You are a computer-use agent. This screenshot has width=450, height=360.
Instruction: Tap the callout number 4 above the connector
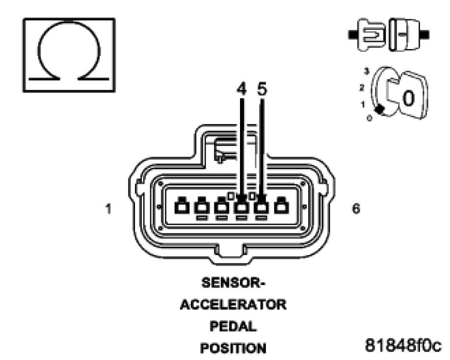click(x=241, y=92)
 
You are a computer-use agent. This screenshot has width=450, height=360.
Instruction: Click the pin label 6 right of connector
click(x=356, y=208)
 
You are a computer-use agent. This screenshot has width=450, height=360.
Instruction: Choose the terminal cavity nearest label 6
click(x=281, y=206)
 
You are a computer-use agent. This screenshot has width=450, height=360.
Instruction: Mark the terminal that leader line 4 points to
click(x=241, y=206)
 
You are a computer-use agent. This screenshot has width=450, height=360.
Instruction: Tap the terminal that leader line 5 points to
click(x=262, y=206)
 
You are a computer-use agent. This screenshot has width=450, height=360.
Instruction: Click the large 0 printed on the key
click(x=408, y=98)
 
